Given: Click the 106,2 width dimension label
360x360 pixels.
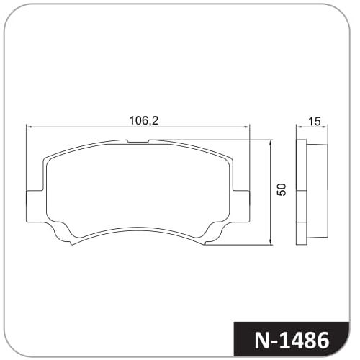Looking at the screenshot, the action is click(x=144, y=120).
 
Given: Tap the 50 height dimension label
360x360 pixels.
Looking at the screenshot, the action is click(x=282, y=189).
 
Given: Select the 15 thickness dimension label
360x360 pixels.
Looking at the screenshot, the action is click(x=314, y=122).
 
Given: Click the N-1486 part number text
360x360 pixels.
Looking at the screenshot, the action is click(x=292, y=341).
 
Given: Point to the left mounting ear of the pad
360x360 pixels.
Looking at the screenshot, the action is click(x=35, y=206).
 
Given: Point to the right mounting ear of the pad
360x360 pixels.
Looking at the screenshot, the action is click(x=241, y=206).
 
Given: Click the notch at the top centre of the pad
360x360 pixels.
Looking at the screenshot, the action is click(x=138, y=141).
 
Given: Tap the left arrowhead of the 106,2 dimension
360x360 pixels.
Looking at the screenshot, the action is click(x=29, y=127).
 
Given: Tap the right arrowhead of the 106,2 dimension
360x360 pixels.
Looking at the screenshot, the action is click(x=247, y=127).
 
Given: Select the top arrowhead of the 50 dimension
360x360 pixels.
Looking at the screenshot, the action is click(x=271, y=143).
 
